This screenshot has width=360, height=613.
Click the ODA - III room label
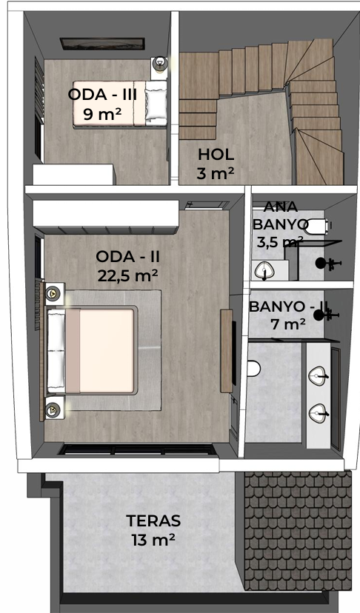[x=102, y=95]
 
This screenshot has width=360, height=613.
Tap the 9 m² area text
[x=102, y=114]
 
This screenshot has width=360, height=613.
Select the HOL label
[x=216, y=155]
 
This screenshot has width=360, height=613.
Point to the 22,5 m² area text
[x=127, y=275]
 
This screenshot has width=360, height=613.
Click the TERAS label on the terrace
[x=153, y=520]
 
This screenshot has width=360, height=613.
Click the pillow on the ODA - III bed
[x=156, y=102]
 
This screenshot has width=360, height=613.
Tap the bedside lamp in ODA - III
[x=160, y=64]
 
